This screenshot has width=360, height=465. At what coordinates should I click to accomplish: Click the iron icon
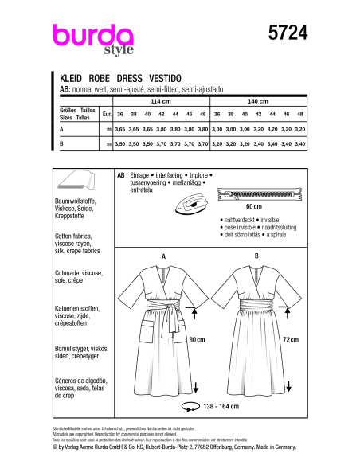pos(191,202)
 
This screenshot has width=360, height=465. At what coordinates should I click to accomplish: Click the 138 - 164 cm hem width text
pos(239,428)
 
